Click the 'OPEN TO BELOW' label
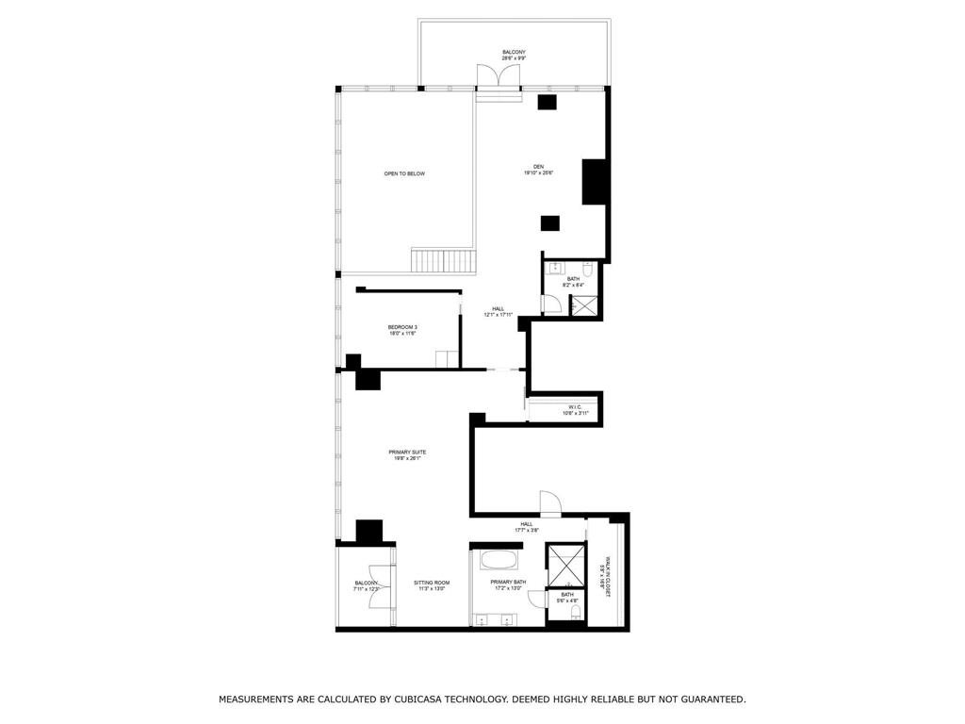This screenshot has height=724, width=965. [x=403, y=173]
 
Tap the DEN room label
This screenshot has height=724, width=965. [x=538, y=167]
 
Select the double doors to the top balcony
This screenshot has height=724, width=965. [x=499, y=77]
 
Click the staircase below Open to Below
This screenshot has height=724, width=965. [x=443, y=259]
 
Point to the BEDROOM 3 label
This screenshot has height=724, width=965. [x=402, y=327]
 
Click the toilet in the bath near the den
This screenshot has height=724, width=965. [x=586, y=267]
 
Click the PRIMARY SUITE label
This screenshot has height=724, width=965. [x=407, y=452]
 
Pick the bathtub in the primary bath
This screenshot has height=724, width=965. [x=499, y=560]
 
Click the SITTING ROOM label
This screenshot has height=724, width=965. [x=432, y=583]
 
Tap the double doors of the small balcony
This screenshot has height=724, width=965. [x=378, y=586]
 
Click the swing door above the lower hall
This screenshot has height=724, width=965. [x=549, y=502]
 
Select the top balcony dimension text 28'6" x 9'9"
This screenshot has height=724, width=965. [x=514, y=58]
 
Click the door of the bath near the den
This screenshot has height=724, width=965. [x=551, y=304]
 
